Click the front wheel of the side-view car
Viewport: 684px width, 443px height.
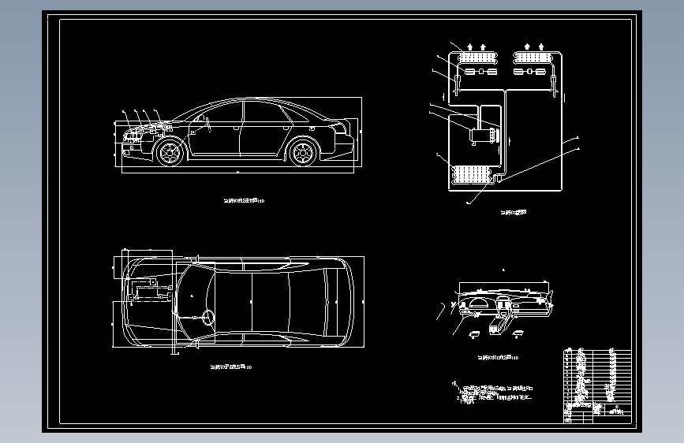170,152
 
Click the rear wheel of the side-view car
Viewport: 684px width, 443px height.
303,152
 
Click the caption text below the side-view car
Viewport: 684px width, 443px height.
244,201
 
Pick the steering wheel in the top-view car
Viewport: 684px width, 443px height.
208,318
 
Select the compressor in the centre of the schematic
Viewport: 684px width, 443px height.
480,135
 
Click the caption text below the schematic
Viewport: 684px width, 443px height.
513,211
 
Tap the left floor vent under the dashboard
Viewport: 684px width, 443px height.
476,334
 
